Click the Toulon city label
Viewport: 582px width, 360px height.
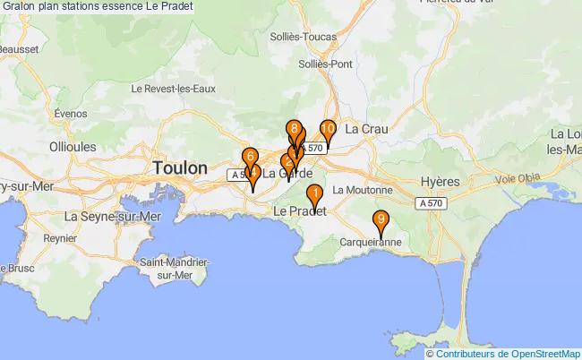pyautogui.click(x=180, y=167)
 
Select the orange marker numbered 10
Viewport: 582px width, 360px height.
pyautogui.click(x=328, y=130)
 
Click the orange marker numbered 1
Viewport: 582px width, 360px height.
pyautogui.click(x=314, y=193)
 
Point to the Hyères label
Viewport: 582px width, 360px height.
pyautogui.click(x=440, y=181)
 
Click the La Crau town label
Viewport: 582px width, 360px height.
pyautogui.click(x=366, y=130)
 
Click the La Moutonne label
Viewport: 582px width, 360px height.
pyautogui.click(x=362, y=190)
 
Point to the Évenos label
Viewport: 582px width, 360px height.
pyautogui.click(x=70, y=114)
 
